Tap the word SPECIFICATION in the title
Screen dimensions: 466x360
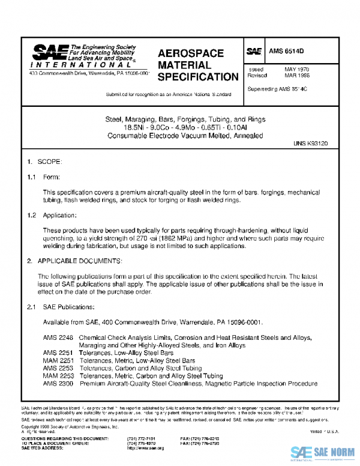197,77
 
